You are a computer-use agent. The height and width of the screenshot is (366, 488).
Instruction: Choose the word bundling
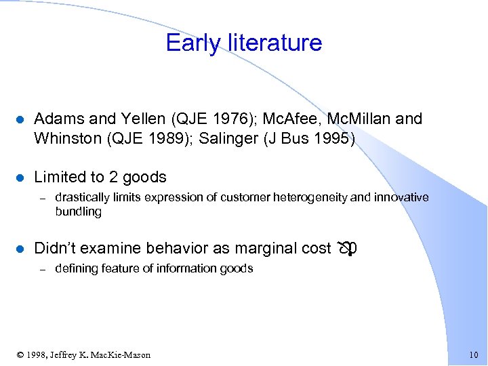(x=78, y=211)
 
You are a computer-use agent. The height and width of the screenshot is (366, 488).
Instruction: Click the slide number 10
(x=473, y=355)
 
